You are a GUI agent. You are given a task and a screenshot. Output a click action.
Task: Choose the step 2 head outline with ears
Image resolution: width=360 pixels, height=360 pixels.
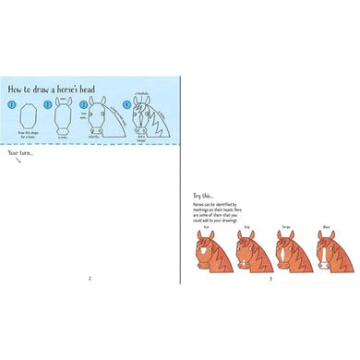point(62,118)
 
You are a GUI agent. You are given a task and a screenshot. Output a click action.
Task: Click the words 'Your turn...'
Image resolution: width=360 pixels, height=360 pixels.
point(20,152)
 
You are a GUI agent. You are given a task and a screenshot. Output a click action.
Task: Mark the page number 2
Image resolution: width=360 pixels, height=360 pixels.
point(90,279)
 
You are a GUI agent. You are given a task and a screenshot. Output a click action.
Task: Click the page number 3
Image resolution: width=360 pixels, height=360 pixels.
point(270,279)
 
